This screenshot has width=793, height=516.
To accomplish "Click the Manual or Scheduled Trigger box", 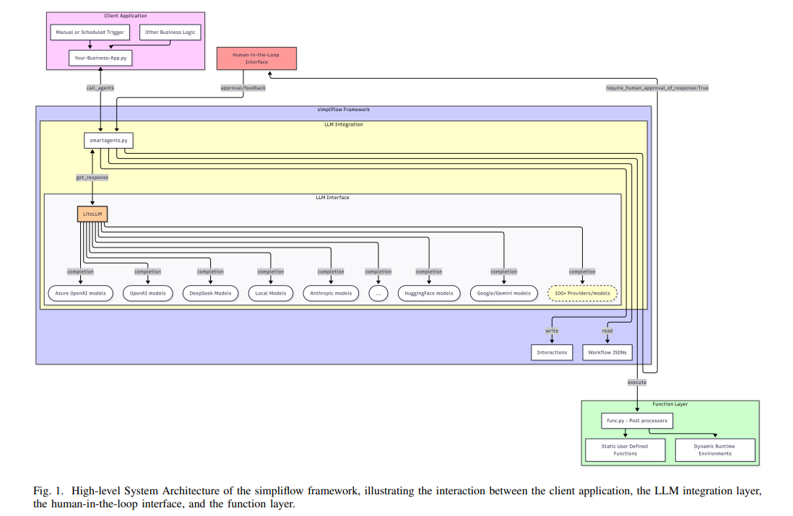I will point(90,32).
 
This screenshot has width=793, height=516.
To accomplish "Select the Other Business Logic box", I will point(170,32).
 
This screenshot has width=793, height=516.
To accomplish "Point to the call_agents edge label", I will point(100,88).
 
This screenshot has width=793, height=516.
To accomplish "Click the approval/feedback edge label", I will point(243,88).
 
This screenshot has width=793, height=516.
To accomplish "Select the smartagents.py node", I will point(109,140).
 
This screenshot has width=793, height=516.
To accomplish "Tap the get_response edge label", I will point(92,177).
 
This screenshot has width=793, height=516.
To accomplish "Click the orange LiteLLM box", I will point(92,214).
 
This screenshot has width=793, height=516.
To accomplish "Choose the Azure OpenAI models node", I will point(80,293).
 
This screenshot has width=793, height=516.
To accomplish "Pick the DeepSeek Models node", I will point(211,293).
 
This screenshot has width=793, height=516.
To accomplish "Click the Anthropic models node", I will point(331,293).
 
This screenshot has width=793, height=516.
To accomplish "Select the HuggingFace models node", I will point(429,293).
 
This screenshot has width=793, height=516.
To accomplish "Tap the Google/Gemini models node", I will point(504,293).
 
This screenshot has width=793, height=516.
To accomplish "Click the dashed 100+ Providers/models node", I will point(582,293).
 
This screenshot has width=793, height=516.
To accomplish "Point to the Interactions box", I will point(552,352).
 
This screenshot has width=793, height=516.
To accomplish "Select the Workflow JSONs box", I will point(607,352).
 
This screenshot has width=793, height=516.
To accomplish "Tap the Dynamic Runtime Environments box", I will point(715,450).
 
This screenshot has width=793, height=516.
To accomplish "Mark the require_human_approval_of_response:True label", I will point(657,88).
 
